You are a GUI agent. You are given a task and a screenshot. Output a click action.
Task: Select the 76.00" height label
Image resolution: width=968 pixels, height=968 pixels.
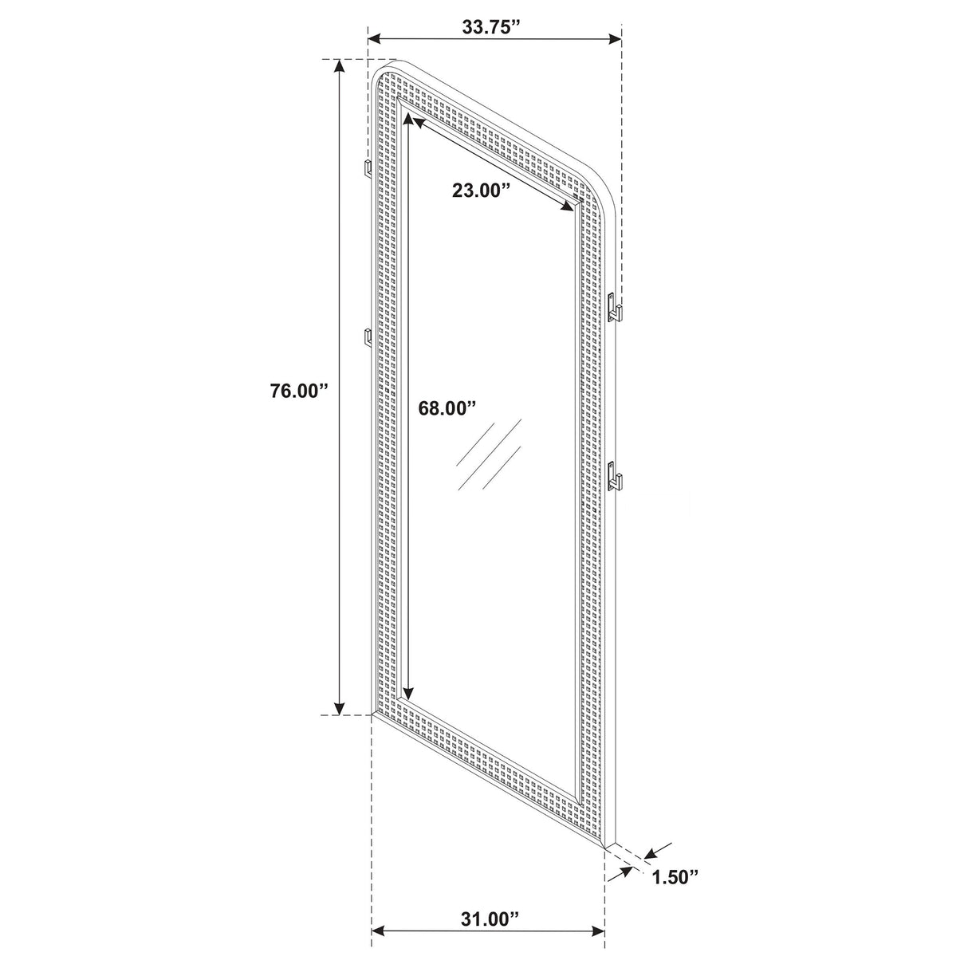tap(299, 392)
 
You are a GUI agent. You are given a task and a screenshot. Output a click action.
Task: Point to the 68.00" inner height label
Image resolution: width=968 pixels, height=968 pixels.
tap(447, 407)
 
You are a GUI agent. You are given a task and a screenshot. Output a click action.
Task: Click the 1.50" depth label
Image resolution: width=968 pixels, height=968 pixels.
tap(675, 877)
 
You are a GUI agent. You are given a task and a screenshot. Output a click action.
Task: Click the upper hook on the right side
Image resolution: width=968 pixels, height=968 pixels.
tap(615, 307)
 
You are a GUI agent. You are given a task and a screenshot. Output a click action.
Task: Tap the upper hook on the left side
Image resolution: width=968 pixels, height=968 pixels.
tap(369, 167)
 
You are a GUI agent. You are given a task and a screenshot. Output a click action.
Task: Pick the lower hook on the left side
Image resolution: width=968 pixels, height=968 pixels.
tap(368, 337)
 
